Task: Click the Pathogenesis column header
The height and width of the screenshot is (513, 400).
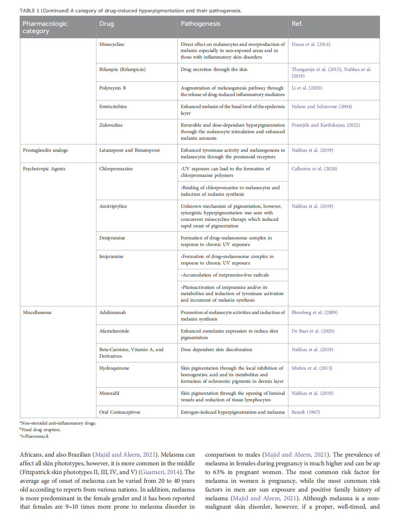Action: tap(200, 24)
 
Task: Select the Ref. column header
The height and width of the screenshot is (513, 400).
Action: tap(297, 24)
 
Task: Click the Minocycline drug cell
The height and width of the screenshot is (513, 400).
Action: tap(112, 44)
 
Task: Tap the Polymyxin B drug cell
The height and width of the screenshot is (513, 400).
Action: tap(112, 88)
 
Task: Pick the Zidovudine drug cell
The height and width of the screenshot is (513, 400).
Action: tap(111, 125)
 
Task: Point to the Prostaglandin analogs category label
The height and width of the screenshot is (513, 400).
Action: tap(45, 150)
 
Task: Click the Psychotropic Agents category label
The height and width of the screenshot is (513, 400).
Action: tap(44, 169)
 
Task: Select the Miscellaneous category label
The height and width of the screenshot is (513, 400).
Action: tap(37, 313)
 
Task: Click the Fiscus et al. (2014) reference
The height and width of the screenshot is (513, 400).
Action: tap(311, 44)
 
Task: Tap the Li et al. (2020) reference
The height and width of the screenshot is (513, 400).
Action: tap(307, 88)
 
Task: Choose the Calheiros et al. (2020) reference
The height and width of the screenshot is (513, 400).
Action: tap(314, 169)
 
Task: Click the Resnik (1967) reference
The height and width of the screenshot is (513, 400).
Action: tap(305, 412)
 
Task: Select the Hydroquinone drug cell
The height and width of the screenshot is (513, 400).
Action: tap(114, 368)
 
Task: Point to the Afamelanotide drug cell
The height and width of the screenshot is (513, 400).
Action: tap(114, 331)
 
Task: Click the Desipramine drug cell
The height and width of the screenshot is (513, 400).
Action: tap(112, 238)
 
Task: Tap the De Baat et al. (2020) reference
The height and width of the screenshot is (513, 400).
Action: tap(313, 331)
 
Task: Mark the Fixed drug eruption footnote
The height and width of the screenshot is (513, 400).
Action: tap(41, 430)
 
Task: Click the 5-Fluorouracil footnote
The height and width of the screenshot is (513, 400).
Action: tap(35, 436)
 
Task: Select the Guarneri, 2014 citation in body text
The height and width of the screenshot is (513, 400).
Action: tap(160, 472)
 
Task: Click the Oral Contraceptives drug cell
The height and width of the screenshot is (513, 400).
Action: tap(120, 412)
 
